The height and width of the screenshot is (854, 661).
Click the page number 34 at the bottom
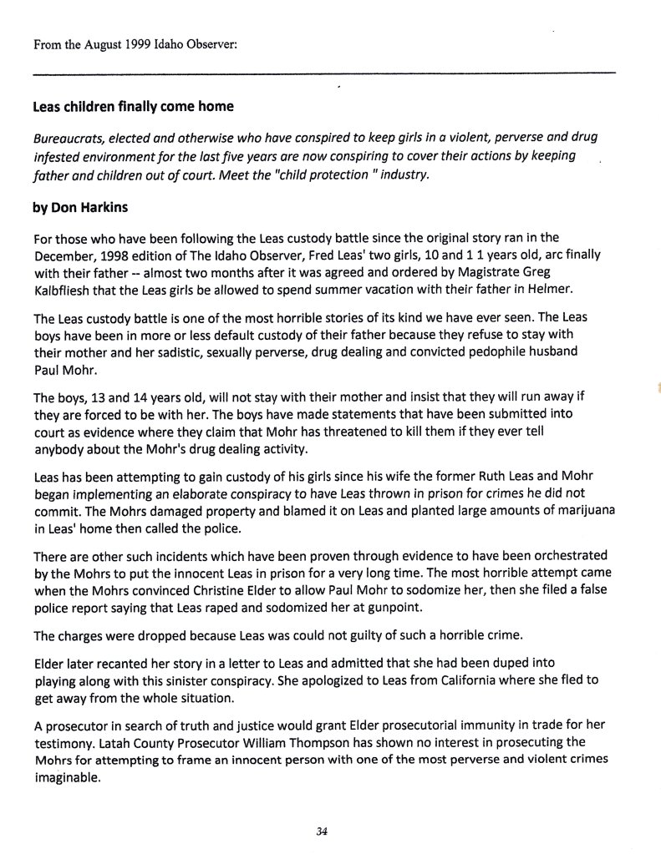tap(322, 831)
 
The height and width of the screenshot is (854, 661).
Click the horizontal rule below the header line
tap(324, 73)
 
